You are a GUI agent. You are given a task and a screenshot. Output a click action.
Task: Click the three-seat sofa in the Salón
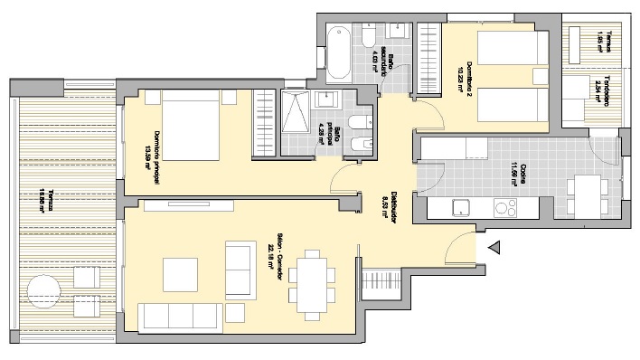178,315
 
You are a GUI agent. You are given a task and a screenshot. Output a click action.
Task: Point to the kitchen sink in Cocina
463,207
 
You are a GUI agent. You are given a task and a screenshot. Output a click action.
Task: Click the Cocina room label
514,174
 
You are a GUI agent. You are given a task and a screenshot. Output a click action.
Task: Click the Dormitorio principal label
155,163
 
